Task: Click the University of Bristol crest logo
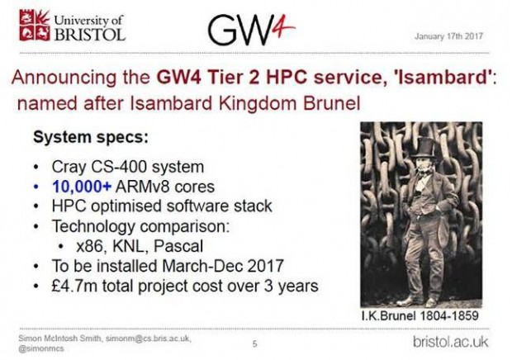[34, 26]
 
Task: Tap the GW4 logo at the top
[250, 30]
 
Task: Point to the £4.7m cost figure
[71, 287]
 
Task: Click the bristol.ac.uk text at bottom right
[452, 341]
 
